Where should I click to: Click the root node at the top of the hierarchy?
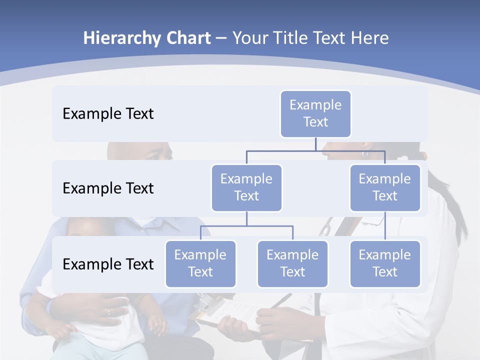315,113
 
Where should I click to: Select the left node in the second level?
246,187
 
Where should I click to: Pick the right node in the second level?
385,187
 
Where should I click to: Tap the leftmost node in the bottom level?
200,263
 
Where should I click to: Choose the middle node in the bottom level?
292,263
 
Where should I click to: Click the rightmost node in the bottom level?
385,263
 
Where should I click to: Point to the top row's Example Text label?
108,113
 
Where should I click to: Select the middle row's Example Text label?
108,188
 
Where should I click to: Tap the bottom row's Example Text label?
108,264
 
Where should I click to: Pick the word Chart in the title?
188,38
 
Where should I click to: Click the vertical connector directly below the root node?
315,144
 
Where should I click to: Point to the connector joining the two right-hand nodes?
385,225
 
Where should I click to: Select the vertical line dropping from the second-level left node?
246,218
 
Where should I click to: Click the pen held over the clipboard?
281,301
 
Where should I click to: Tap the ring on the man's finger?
108,311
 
